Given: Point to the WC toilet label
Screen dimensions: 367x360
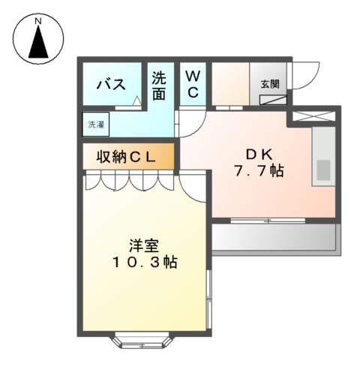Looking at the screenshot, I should (x=192, y=84).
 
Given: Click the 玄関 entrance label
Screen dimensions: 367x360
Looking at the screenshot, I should (x=270, y=85).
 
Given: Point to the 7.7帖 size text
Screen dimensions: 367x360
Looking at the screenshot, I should (x=258, y=171).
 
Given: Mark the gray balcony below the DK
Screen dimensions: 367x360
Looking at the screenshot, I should (x=274, y=238).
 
